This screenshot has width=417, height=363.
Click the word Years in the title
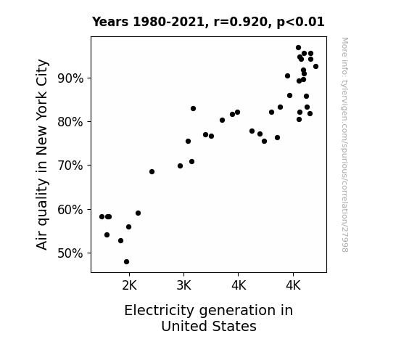tap(110, 22)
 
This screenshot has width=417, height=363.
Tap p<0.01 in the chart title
tap(300, 23)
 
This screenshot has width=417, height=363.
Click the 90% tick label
tap(70, 78)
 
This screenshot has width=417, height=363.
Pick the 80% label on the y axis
tap(70, 122)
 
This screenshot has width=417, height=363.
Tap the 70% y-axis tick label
tap(70, 166)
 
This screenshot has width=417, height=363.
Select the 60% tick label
tap(70, 210)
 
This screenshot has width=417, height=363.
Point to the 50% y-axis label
tap(70, 253)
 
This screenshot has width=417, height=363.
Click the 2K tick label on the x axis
tap(129, 286)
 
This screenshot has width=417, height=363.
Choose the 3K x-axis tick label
tap(183, 286)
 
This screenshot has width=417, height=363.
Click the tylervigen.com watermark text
tap(344, 144)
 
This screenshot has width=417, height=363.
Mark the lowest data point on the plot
tap(127, 262)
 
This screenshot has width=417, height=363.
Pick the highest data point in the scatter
tap(298, 48)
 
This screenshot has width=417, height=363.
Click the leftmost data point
tap(102, 217)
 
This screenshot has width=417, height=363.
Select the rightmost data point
tap(315, 67)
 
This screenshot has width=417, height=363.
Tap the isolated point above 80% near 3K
tap(194, 109)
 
